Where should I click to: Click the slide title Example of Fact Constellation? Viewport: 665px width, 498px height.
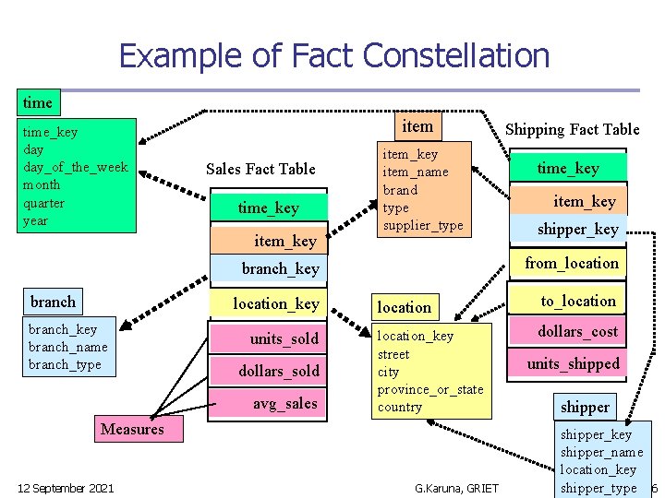(x=333, y=56)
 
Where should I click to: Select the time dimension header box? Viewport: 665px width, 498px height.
(x=38, y=102)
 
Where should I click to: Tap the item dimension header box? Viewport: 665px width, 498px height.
(x=417, y=125)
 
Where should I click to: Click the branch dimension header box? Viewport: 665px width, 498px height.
(x=54, y=302)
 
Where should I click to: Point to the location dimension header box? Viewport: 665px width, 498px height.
(x=404, y=307)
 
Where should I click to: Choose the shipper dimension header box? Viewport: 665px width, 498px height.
(x=585, y=406)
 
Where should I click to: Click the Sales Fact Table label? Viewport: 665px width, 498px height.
(x=260, y=169)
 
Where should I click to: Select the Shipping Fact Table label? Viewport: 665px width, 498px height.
(x=572, y=129)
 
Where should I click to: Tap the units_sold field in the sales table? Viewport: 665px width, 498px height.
(x=284, y=338)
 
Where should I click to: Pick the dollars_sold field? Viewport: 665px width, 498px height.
(x=279, y=371)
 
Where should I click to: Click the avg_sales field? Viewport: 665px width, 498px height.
(x=284, y=403)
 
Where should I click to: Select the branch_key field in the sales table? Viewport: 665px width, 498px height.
(x=280, y=268)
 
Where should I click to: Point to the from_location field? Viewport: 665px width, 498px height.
(x=572, y=263)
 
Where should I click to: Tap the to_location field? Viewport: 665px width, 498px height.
(x=578, y=301)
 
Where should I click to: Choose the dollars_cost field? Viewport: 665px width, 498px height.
(x=578, y=331)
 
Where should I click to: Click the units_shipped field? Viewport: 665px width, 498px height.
(x=574, y=363)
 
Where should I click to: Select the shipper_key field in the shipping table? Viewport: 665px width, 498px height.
(x=578, y=229)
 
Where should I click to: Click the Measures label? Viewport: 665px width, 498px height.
(x=132, y=429)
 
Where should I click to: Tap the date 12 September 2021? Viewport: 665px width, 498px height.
(x=66, y=488)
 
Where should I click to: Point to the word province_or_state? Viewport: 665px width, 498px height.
(x=430, y=389)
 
